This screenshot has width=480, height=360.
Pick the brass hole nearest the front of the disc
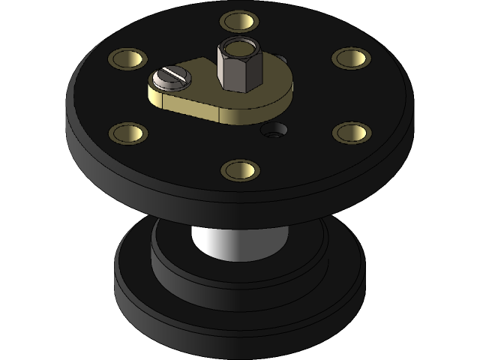click(x=240, y=169)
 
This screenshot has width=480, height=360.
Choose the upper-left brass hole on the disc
click(x=128, y=58)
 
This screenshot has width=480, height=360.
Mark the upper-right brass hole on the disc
click(x=351, y=58)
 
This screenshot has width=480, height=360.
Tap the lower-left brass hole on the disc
click(x=128, y=133)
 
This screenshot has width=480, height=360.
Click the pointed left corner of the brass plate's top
click(x=149, y=91)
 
